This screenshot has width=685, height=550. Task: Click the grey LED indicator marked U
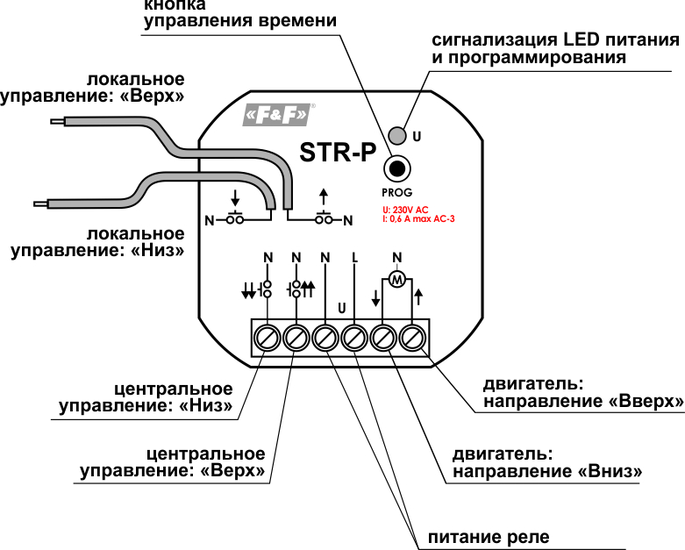click(397, 136)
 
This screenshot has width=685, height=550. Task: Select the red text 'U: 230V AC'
click(405, 210)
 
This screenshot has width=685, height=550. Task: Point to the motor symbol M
click(397, 280)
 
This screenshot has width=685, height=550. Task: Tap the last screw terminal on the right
click(412, 338)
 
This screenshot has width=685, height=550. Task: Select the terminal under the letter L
click(354, 338)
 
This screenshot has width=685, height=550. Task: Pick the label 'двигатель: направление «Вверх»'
click(583, 393)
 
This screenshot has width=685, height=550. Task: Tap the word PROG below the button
click(396, 191)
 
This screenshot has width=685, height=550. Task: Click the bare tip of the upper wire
click(56, 122)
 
